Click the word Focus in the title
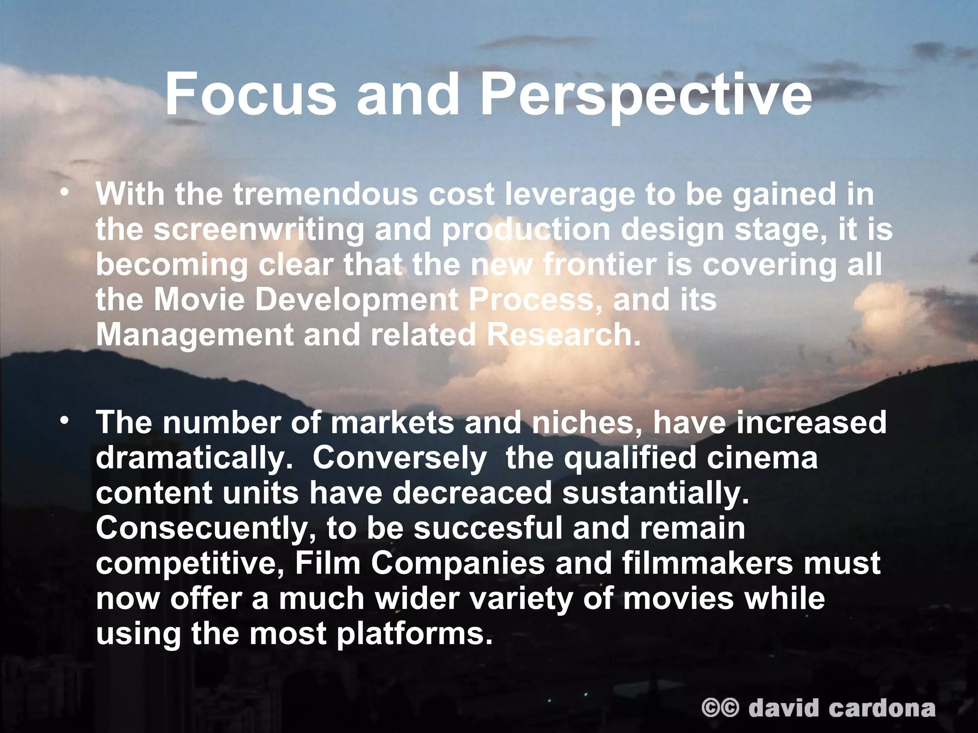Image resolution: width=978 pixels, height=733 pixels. (x=250, y=94)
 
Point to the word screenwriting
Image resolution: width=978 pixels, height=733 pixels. (x=259, y=230)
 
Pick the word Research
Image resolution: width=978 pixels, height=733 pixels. (x=563, y=335)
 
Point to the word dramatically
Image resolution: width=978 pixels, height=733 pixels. (x=194, y=458)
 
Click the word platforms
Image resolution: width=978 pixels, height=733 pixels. (x=414, y=634)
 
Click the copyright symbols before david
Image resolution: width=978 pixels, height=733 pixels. (x=720, y=708)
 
